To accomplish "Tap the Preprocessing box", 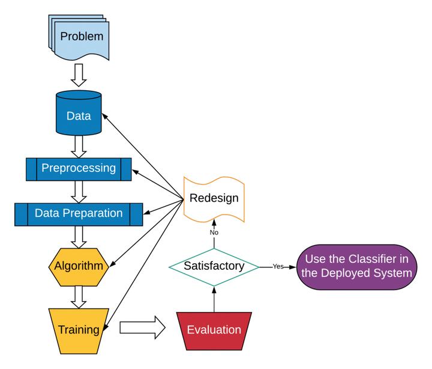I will tap(79, 169).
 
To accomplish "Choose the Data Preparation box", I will tap(79, 213).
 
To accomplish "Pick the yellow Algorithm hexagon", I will tap(79, 266).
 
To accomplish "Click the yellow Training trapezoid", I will tap(79, 329).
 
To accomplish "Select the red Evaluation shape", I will tap(214, 329).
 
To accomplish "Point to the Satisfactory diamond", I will tap(214, 266).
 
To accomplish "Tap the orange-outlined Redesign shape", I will tap(214, 198).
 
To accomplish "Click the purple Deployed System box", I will tap(358, 266).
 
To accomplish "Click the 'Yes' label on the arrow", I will tap(278, 266).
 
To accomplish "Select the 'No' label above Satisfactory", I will tap(214, 231).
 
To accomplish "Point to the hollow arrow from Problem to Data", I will tap(79, 74).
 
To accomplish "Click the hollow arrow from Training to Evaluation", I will tap(142, 328).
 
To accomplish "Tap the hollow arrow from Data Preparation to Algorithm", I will tap(79, 236).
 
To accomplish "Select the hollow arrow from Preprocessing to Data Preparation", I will tap(79, 191).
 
